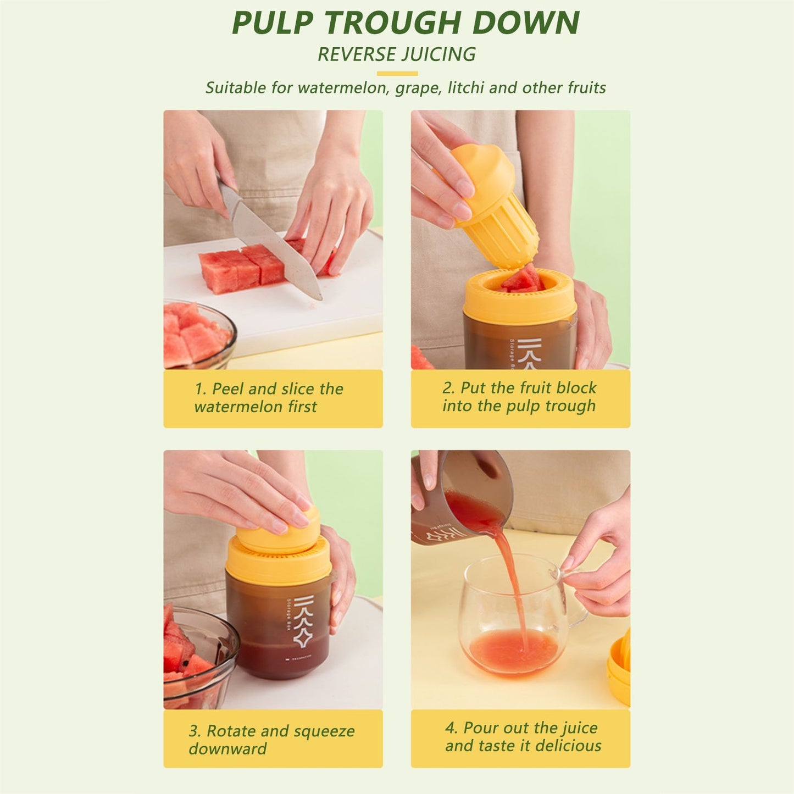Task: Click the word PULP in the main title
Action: tap(273, 23)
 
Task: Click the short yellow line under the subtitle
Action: tap(397, 74)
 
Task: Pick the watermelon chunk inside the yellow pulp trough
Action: tap(522, 279)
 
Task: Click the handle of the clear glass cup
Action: tap(574, 599)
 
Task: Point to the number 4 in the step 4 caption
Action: tap(450, 728)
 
